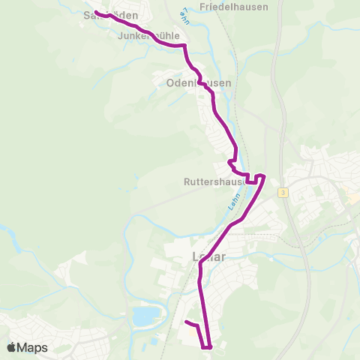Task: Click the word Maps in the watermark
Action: click(x=32, y=348)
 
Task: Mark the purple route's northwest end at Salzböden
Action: click(x=97, y=11)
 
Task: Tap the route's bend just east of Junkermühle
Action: click(x=183, y=46)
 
